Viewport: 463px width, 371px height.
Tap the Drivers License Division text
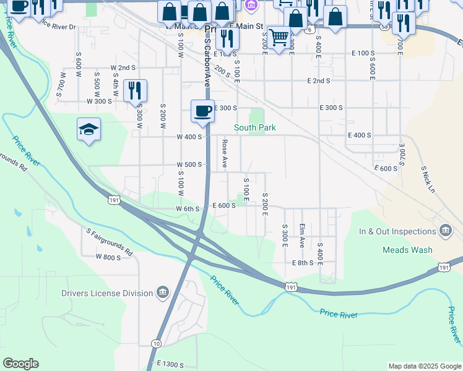(106, 294)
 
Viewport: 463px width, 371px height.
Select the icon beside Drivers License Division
(163, 292)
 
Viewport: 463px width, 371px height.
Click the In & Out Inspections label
(397, 232)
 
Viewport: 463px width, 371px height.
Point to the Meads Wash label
(407, 250)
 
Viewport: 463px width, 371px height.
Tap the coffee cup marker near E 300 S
(202, 111)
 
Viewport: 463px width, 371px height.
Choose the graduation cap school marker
(89, 129)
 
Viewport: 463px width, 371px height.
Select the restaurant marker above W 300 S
(135, 91)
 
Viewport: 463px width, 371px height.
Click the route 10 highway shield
(156, 344)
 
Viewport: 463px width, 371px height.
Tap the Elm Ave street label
(302, 235)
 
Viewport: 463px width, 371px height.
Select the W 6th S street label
(188, 209)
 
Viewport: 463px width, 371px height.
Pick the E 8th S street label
(303, 263)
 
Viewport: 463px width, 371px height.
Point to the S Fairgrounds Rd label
(110, 243)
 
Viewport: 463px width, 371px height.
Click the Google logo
(20, 364)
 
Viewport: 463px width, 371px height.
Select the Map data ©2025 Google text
(424, 366)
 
